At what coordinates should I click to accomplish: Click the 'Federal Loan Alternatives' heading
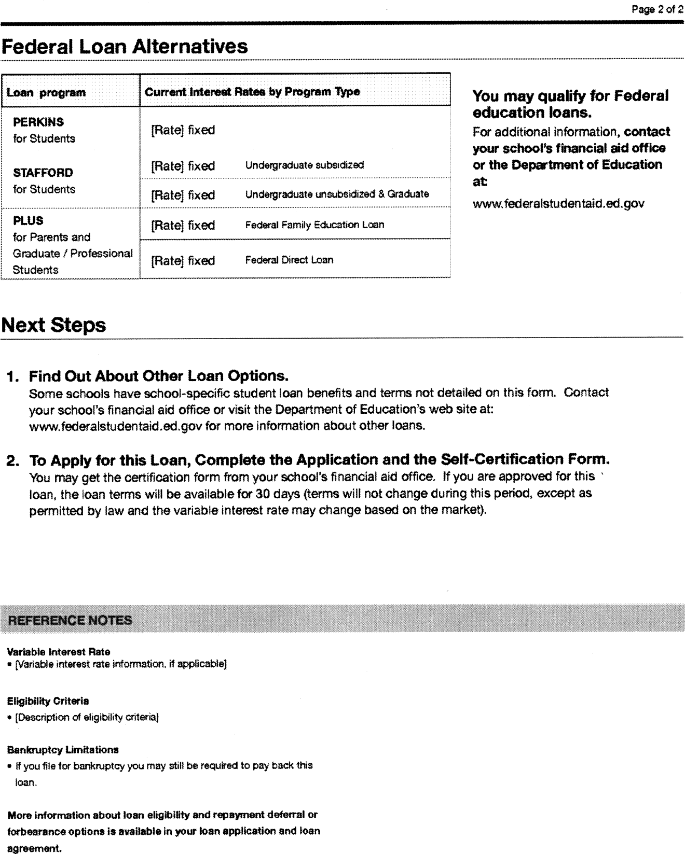(x=125, y=47)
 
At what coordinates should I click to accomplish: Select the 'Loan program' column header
(x=46, y=93)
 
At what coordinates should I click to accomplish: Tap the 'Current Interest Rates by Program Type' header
(x=252, y=92)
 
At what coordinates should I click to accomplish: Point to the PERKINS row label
(x=38, y=122)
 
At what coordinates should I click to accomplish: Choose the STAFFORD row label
(x=43, y=173)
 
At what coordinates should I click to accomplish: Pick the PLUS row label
(x=28, y=221)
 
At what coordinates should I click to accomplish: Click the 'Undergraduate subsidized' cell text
(x=304, y=165)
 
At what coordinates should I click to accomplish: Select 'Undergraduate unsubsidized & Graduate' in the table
(x=337, y=194)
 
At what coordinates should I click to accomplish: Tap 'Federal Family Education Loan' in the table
(x=314, y=225)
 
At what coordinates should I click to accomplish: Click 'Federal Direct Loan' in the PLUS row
(x=289, y=260)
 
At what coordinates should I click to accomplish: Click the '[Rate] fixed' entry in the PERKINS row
(x=183, y=130)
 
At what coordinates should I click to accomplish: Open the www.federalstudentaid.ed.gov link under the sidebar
(x=558, y=203)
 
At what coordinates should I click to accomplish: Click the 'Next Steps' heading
(x=54, y=325)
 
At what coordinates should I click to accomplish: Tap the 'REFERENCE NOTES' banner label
(x=70, y=620)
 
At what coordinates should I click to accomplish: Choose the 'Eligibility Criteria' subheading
(x=48, y=701)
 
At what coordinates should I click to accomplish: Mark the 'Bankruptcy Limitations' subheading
(x=63, y=750)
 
